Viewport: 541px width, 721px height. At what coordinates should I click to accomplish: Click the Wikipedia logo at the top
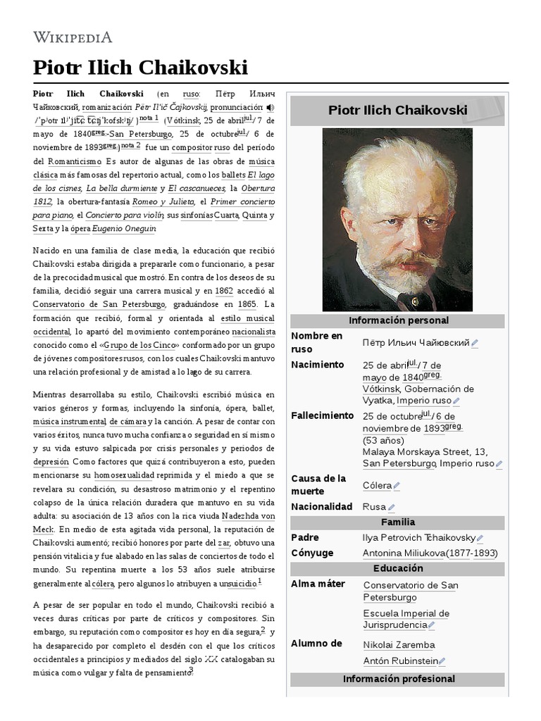coord(73,37)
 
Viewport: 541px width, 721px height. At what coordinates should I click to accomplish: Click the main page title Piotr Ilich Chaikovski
coord(140,68)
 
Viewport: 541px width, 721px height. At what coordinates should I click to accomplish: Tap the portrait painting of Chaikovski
coord(397,219)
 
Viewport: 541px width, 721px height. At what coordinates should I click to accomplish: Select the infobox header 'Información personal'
coord(398,320)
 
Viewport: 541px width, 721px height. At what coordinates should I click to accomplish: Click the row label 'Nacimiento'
coord(318,365)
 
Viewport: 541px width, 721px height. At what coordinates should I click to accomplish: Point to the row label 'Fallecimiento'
coord(323,415)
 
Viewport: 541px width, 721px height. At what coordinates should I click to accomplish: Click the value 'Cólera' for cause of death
coord(377,485)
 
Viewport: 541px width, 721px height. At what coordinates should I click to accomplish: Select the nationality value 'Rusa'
coord(374,506)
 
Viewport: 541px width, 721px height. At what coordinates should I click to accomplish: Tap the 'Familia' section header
coord(398,522)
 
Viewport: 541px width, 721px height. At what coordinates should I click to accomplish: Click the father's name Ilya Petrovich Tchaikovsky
coord(419,537)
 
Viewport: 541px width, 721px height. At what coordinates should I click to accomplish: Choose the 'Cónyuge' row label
coord(312,553)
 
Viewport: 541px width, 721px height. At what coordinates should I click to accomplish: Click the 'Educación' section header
coord(398,568)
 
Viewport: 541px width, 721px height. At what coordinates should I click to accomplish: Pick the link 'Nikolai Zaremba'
coord(399,644)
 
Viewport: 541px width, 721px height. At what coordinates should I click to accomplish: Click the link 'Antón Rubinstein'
coord(399,660)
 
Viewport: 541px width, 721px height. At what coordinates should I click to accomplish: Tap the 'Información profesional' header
coord(398,679)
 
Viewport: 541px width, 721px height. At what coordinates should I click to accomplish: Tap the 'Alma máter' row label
coord(318,584)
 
